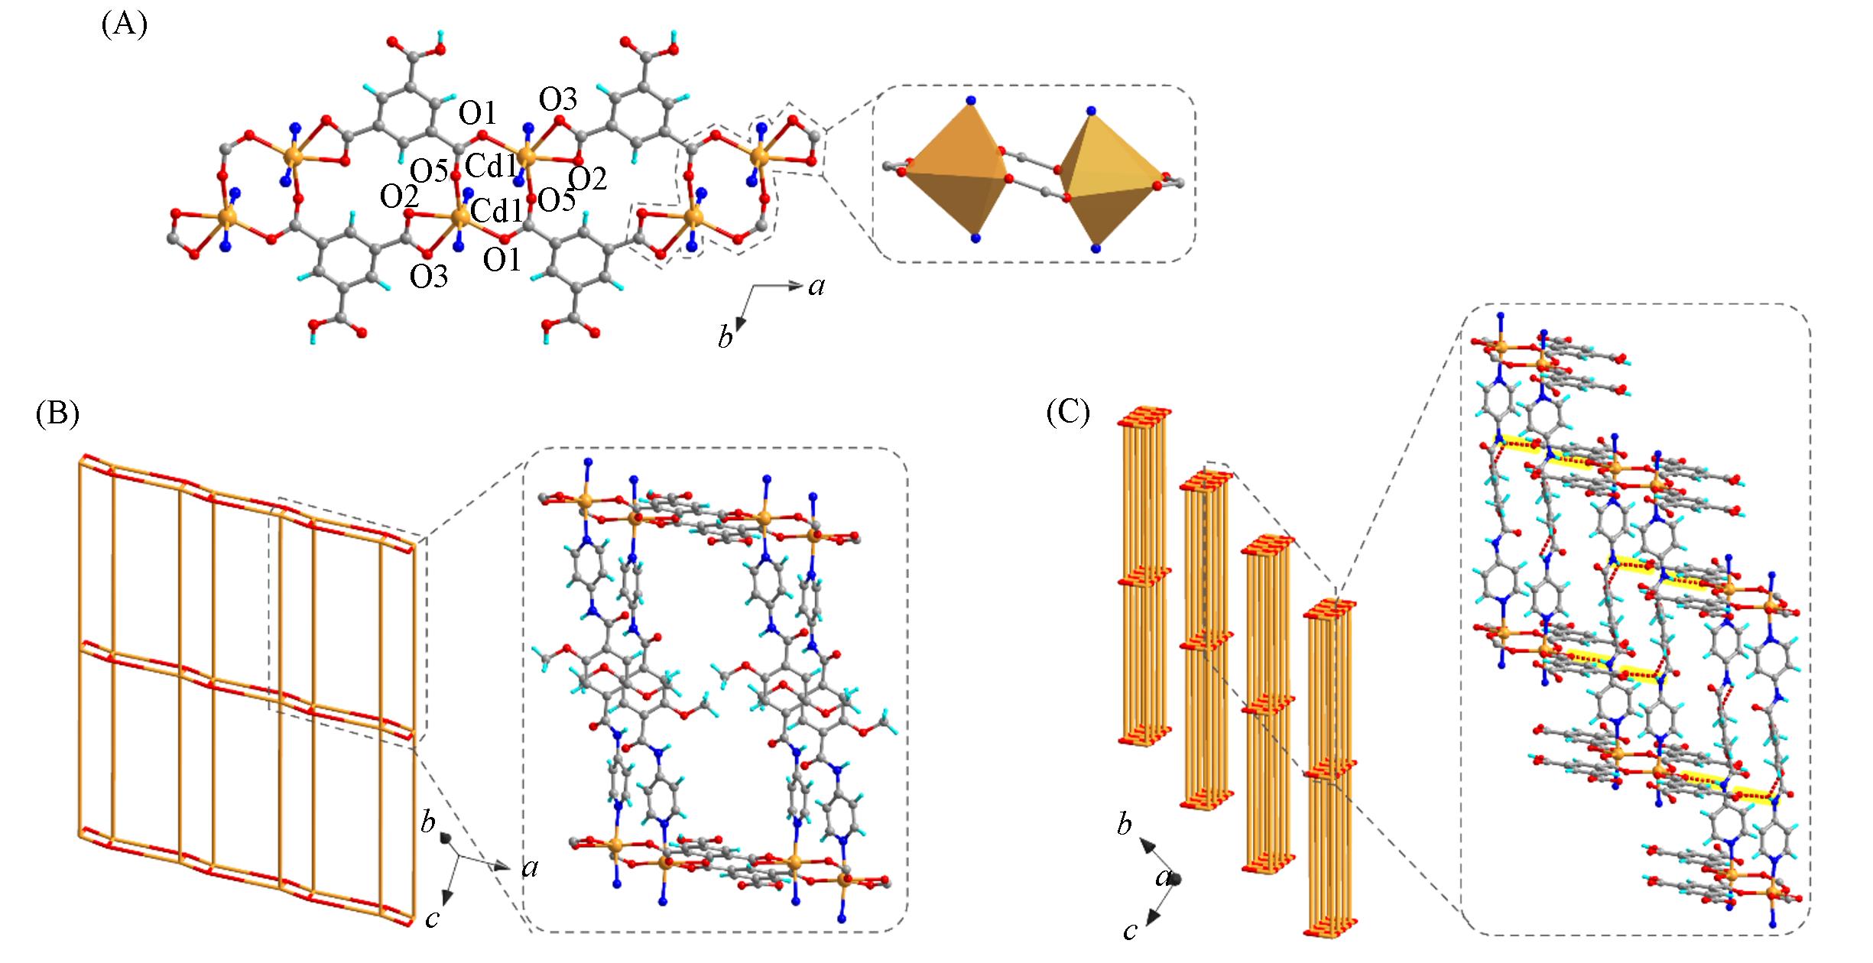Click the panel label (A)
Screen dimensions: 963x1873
[124, 26]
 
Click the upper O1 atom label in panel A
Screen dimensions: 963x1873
[478, 115]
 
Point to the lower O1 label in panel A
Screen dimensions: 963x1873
[502, 261]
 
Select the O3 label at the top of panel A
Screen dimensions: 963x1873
[559, 99]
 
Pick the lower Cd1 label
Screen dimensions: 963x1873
[496, 209]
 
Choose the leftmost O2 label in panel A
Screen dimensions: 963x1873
[399, 198]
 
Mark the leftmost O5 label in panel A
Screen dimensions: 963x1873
[429, 171]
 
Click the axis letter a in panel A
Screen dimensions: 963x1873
[816, 286]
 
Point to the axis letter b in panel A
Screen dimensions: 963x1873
[726, 337]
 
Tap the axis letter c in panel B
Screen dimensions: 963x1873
[432, 918]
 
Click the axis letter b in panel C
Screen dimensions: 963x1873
[1124, 825]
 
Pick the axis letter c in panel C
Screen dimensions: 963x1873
[1130, 929]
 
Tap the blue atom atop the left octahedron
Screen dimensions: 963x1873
[971, 100]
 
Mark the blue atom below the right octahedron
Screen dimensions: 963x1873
[1096, 248]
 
